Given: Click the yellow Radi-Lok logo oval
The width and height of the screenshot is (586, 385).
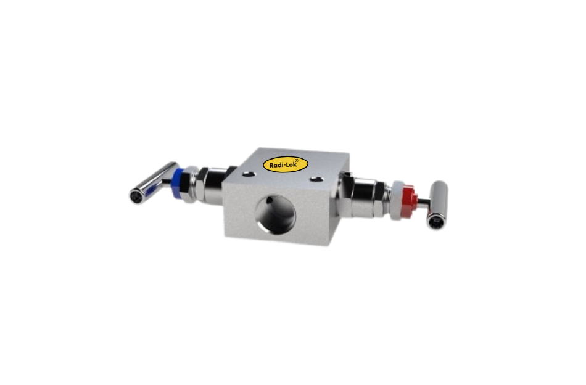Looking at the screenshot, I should (285, 164).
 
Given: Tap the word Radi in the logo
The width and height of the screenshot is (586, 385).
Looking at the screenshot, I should (277, 165).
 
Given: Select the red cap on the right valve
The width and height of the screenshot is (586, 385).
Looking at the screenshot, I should (405, 198).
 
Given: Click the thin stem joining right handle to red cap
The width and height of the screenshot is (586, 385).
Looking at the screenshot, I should (422, 199).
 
